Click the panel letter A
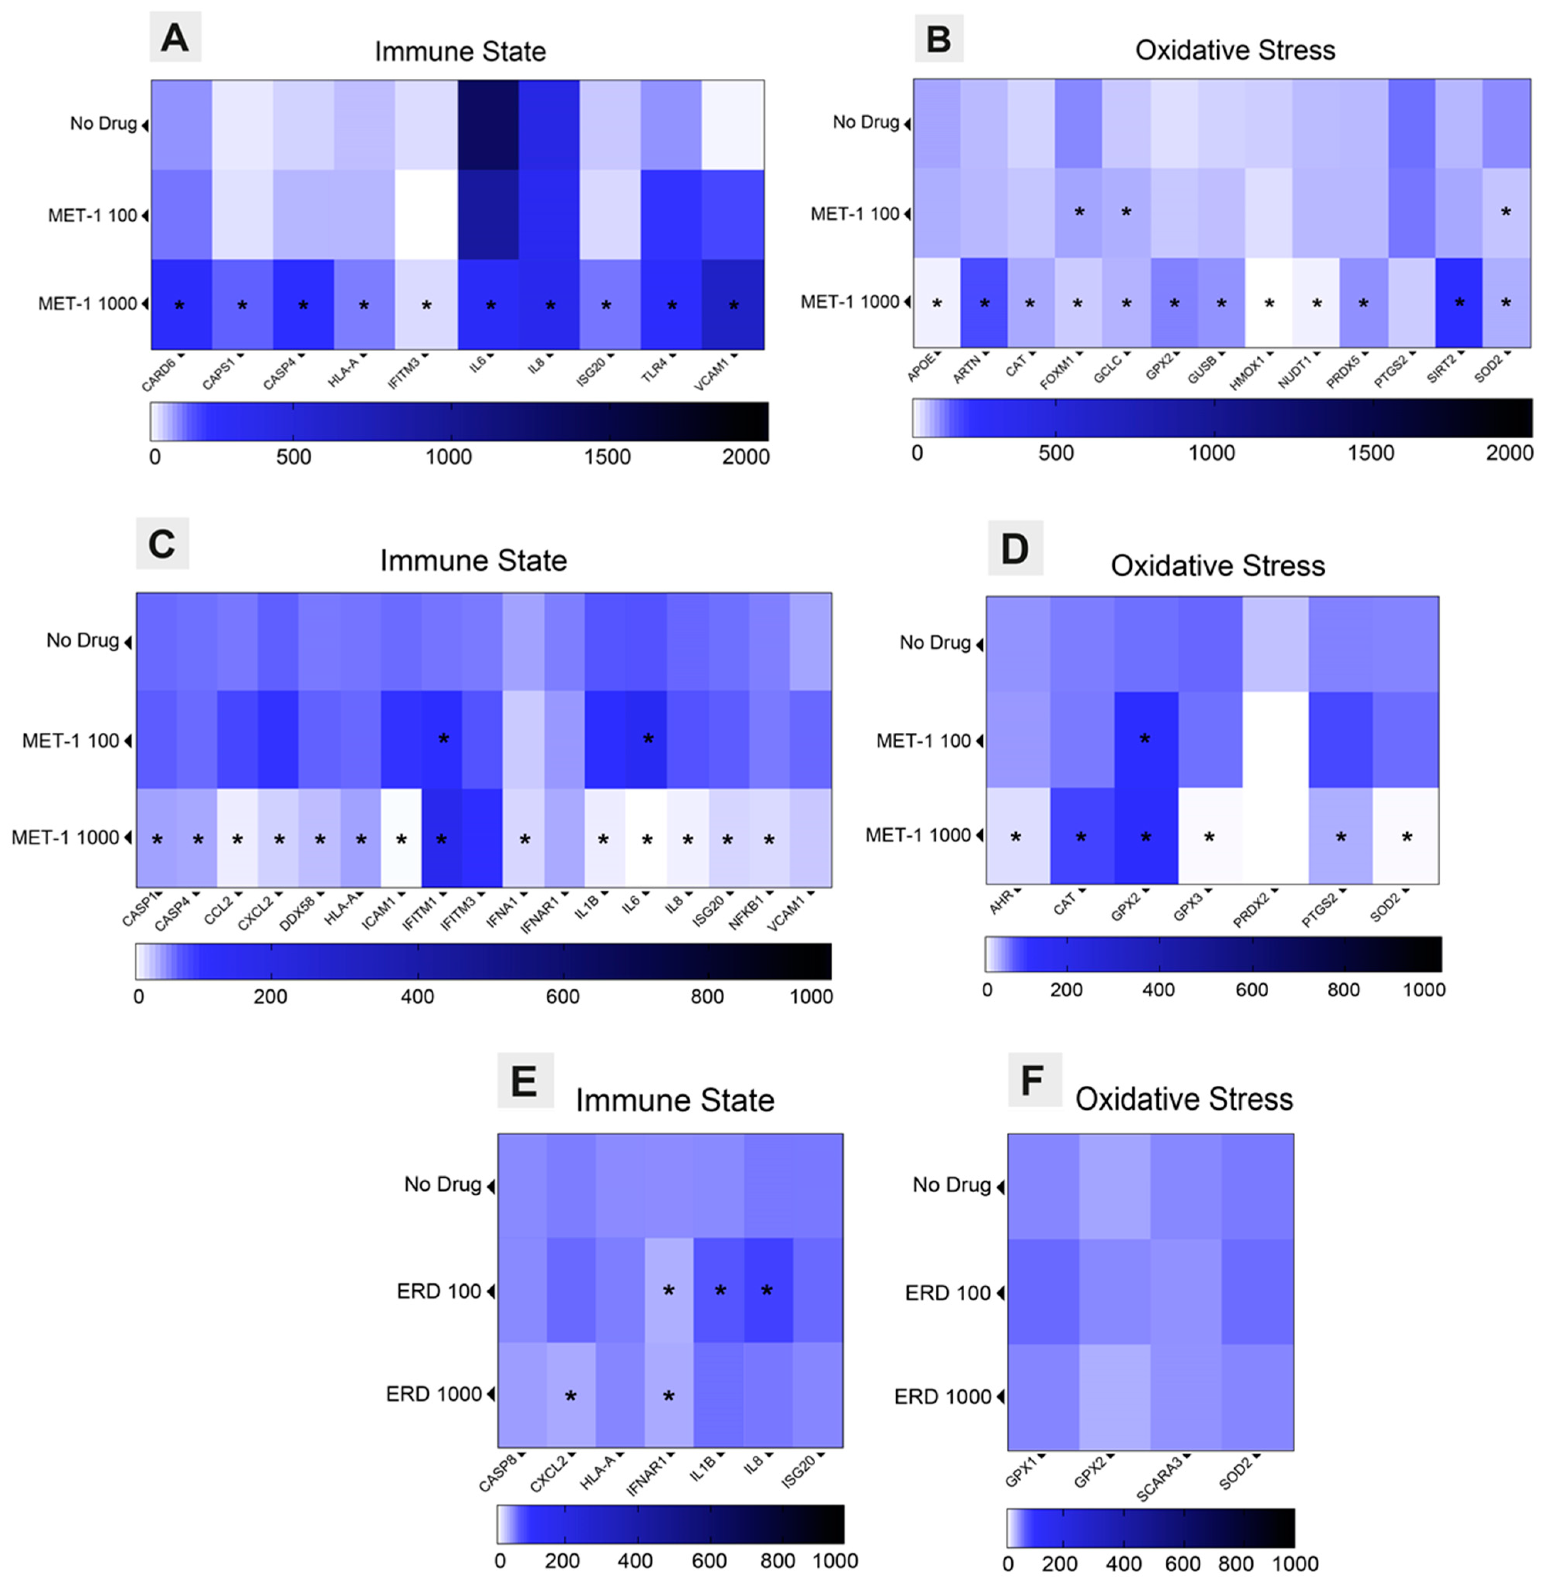click(175, 37)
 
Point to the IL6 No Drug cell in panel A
click(488, 124)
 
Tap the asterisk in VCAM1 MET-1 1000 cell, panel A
click(733, 306)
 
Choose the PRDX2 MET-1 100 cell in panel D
click(1275, 740)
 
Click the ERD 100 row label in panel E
click(439, 1291)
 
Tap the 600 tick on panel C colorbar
click(563, 997)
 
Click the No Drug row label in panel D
click(935, 643)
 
